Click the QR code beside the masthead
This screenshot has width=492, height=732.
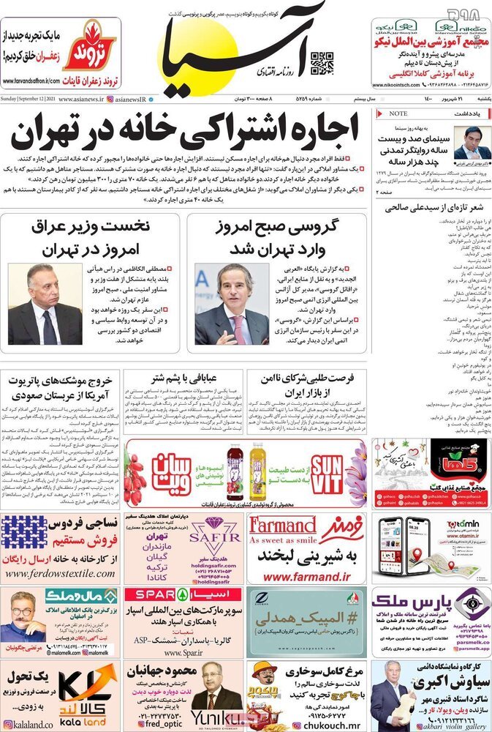click(322, 64)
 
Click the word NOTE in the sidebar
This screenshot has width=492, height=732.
click(398, 113)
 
